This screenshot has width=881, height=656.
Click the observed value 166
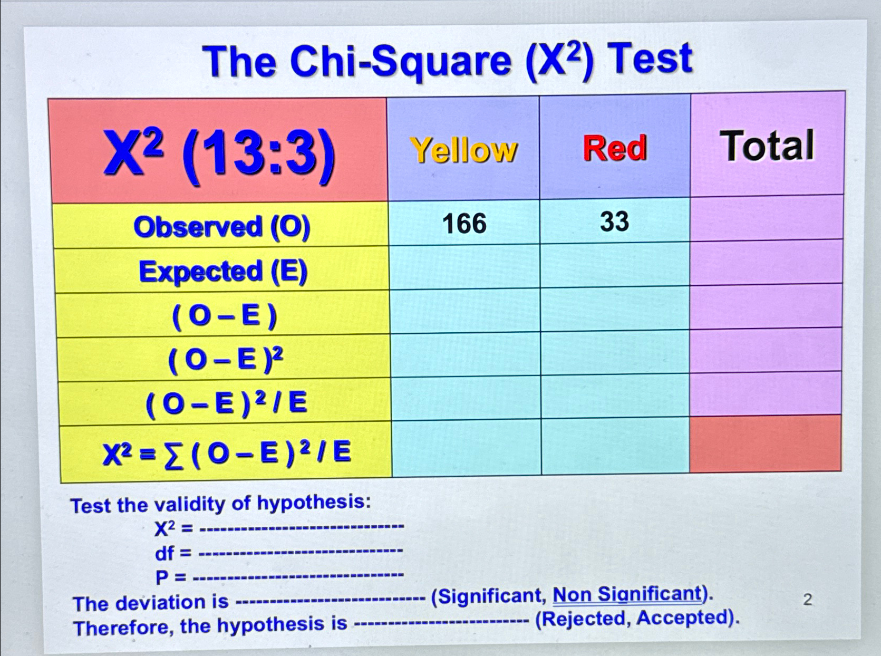tap(464, 224)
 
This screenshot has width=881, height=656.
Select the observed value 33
tap(614, 221)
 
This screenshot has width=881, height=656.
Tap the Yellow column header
tap(463, 150)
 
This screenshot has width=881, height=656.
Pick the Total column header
tap(768, 146)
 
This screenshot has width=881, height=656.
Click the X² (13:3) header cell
tap(219, 154)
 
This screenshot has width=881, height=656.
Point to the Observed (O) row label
tap(222, 227)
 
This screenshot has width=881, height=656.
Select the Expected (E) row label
tap(223, 272)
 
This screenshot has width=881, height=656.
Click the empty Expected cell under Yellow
tap(464, 267)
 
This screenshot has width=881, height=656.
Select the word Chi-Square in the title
tap(401, 62)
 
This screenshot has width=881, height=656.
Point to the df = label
tap(172, 553)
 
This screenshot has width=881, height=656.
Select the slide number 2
tap(807, 600)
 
